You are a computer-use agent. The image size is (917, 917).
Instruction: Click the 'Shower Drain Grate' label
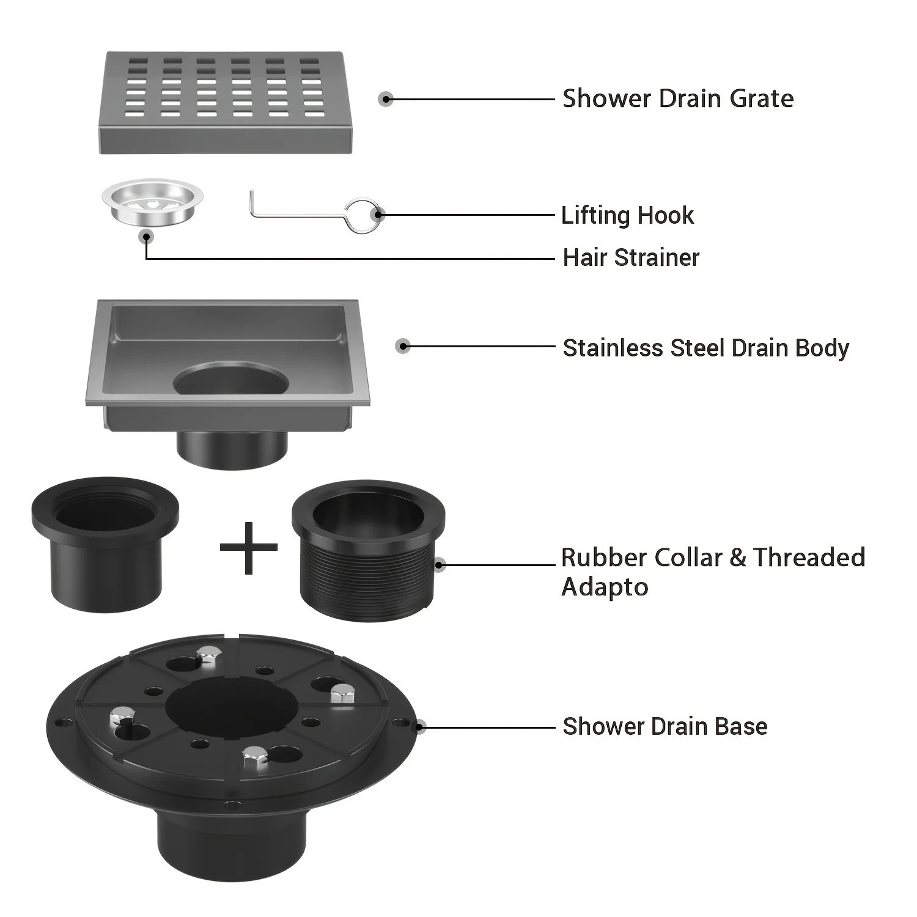[x=677, y=98]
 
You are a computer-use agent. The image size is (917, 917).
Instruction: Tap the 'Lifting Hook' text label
[x=627, y=215]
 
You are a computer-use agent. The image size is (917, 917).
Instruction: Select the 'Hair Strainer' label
[x=631, y=257]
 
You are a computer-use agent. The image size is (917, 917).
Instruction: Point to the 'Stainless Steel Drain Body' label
[x=705, y=348]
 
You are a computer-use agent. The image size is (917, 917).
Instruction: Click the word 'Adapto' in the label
[x=605, y=587]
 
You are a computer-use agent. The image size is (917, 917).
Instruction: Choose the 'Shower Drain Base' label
[x=665, y=726]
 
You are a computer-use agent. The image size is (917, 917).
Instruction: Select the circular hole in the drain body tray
[x=231, y=380]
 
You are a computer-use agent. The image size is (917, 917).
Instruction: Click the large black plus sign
[x=248, y=548]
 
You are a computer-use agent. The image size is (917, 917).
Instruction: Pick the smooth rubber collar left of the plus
[x=105, y=544]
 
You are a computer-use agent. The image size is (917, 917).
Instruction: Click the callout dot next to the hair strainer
[x=145, y=237]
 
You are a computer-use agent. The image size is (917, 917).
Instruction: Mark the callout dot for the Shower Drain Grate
[x=385, y=99]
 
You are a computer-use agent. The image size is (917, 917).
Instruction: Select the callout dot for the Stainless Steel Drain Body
[x=402, y=346]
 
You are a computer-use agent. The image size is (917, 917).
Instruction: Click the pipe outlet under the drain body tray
[x=232, y=449]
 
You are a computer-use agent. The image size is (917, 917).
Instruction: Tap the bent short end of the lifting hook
[x=251, y=203]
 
